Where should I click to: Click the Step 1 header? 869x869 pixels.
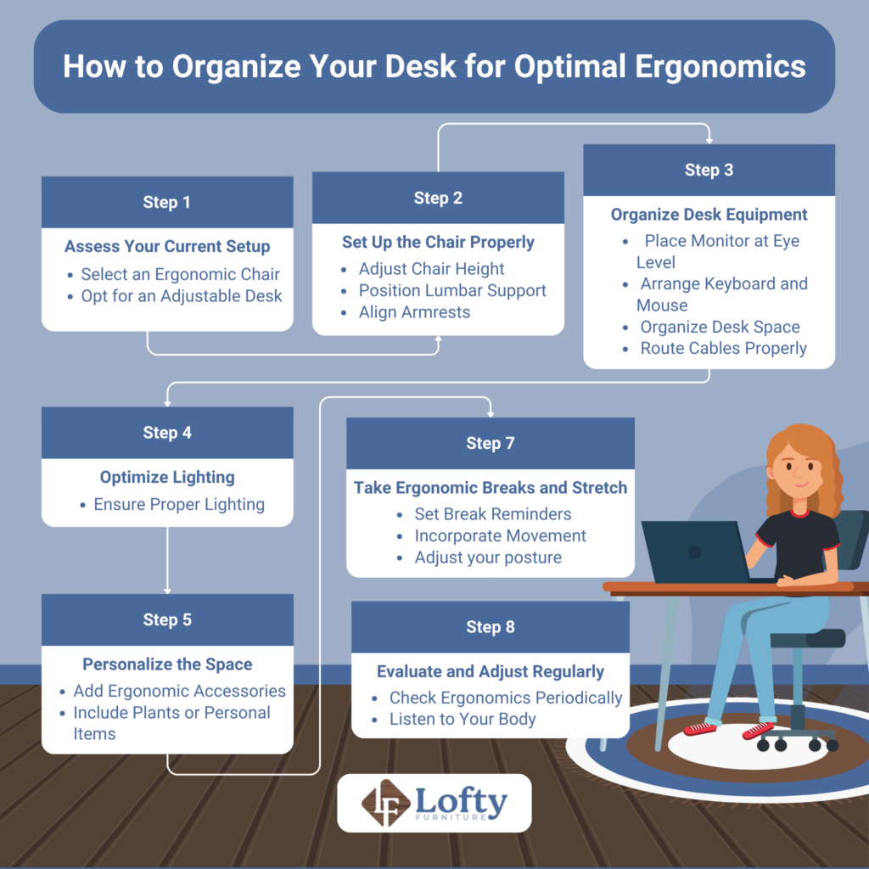tap(166, 202)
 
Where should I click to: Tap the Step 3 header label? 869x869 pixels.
tap(709, 170)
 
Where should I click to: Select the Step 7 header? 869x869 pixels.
tap(490, 443)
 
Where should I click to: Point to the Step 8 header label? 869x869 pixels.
tap(490, 627)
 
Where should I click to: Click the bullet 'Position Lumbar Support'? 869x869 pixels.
tap(452, 290)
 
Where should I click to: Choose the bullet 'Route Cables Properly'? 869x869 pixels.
tap(723, 348)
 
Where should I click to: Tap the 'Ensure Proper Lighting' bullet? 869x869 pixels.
tap(179, 504)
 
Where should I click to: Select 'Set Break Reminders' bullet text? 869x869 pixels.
tap(492, 514)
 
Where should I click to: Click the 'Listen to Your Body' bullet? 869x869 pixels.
tap(463, 719)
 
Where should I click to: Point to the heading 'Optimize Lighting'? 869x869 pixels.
tap(167, 477)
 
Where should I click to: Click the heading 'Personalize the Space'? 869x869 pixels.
tap(167, 664)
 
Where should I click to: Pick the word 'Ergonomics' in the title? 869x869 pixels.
tap(722, 67)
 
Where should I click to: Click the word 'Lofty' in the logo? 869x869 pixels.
tap(462, 799)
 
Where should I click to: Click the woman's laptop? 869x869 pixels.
tap(693, 552)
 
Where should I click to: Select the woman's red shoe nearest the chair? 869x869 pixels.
tap(757, 730)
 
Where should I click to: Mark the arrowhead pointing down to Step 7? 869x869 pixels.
tap(491, 413)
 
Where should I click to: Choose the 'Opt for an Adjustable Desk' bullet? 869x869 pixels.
tap(182, 296)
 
